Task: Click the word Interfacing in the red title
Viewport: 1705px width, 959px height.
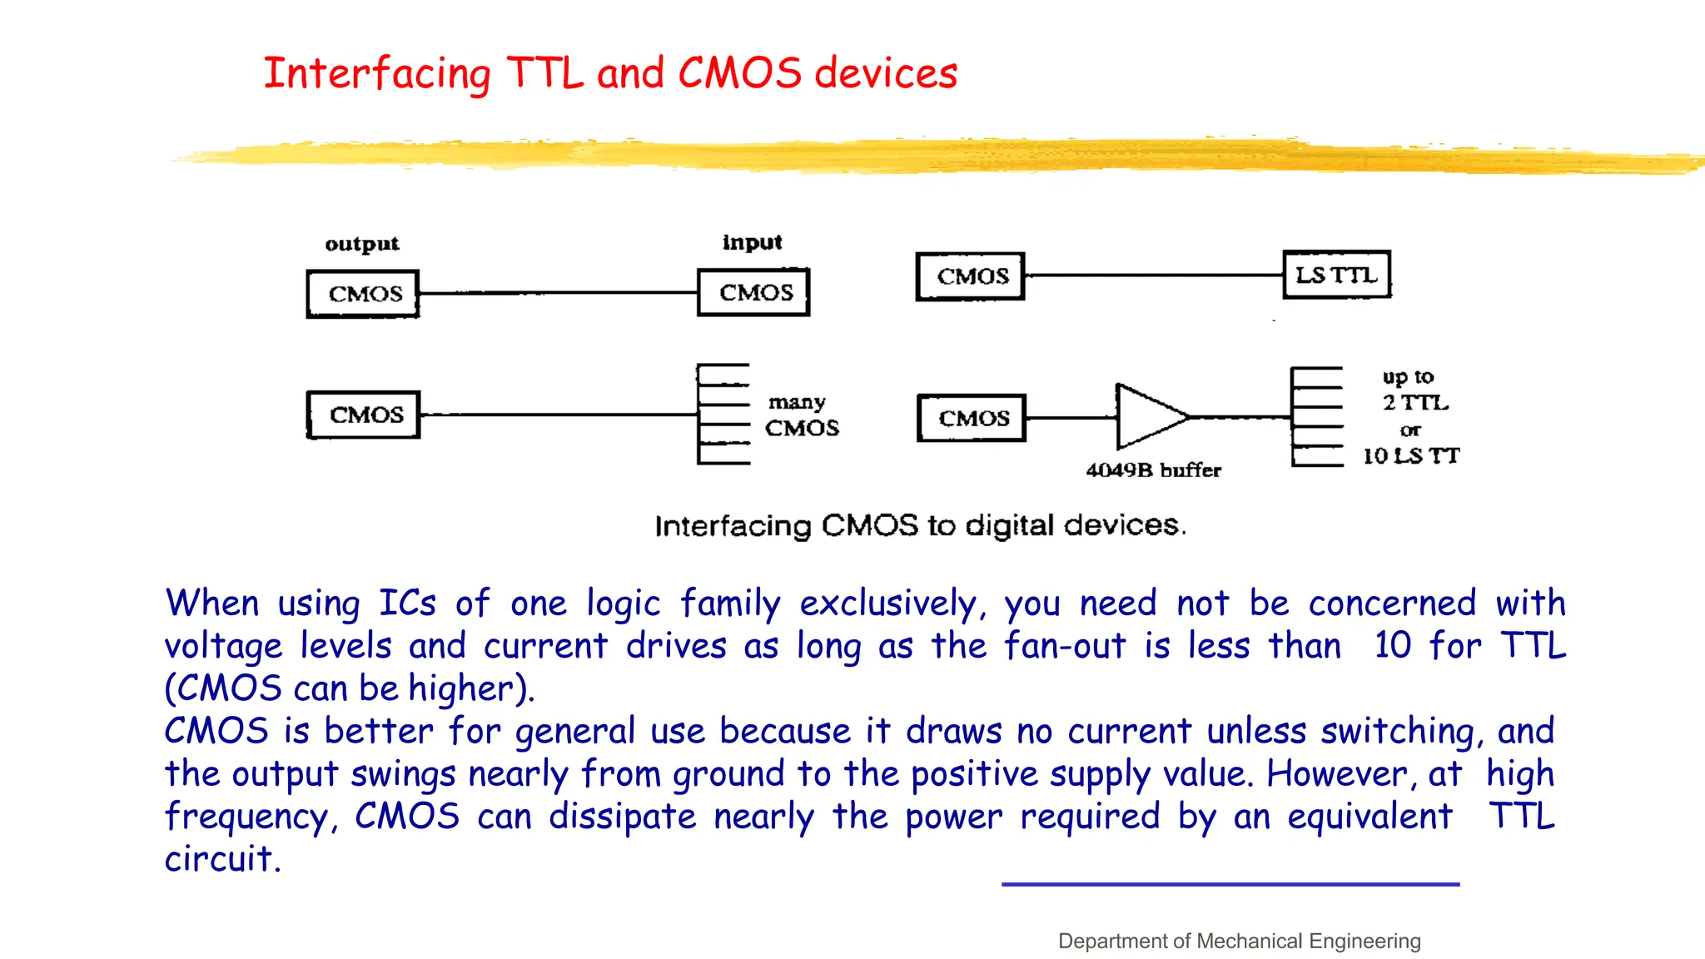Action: (x=376, y=73)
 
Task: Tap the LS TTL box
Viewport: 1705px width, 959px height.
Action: (x=1336, y=275)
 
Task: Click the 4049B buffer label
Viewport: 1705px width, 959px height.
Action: (x=1153, y=470)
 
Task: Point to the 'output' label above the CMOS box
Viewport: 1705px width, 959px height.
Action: (x=362, y=244)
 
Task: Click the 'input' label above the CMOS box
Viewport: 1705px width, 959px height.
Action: (x=753, y=242)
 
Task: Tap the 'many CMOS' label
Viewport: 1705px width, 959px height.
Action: (x=801, y=415)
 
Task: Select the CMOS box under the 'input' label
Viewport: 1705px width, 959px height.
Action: (x=753, y=292)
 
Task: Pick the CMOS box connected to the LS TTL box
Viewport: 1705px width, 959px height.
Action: (x=971, y=276)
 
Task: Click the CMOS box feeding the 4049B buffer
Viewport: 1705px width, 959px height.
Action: (x=972, y=418)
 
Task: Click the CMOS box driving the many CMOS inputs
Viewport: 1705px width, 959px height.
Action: (x=364, y=415)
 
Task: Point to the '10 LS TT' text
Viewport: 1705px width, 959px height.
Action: (x=1410, y=456)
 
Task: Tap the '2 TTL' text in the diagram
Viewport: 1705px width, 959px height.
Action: (x=1415, y=403)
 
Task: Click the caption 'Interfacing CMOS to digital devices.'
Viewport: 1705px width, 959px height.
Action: (x=920, y=525)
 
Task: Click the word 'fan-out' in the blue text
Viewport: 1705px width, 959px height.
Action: (x=1065, y=646)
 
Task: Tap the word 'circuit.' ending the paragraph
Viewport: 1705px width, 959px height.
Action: (x=222, y=859)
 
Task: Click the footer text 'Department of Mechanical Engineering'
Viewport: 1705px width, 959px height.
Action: (x=1239, y=941)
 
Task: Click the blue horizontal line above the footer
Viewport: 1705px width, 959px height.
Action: (x=1230, y=884)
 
